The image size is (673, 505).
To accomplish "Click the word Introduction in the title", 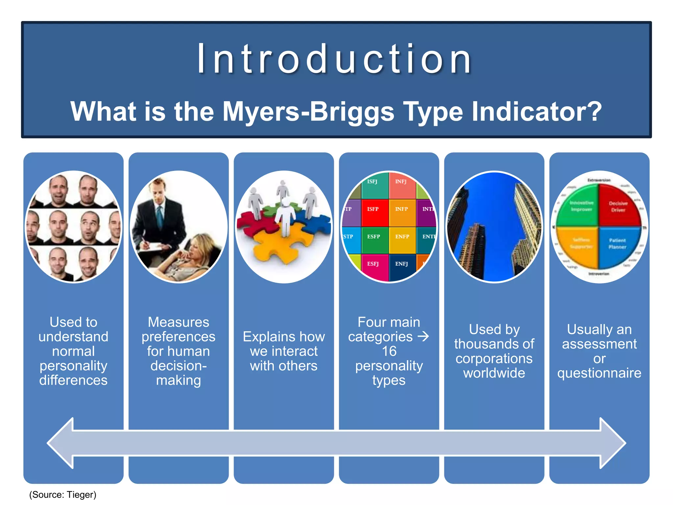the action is [335, 59].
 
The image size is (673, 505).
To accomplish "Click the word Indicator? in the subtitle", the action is [537, 111].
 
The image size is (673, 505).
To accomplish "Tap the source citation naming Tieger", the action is [63, 494].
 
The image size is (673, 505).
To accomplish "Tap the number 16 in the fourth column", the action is [389, 351].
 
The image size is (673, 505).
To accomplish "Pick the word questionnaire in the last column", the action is [599, 373].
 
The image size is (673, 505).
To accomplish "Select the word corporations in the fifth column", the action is [494, 358].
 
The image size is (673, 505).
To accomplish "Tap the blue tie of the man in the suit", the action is [160, 217].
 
